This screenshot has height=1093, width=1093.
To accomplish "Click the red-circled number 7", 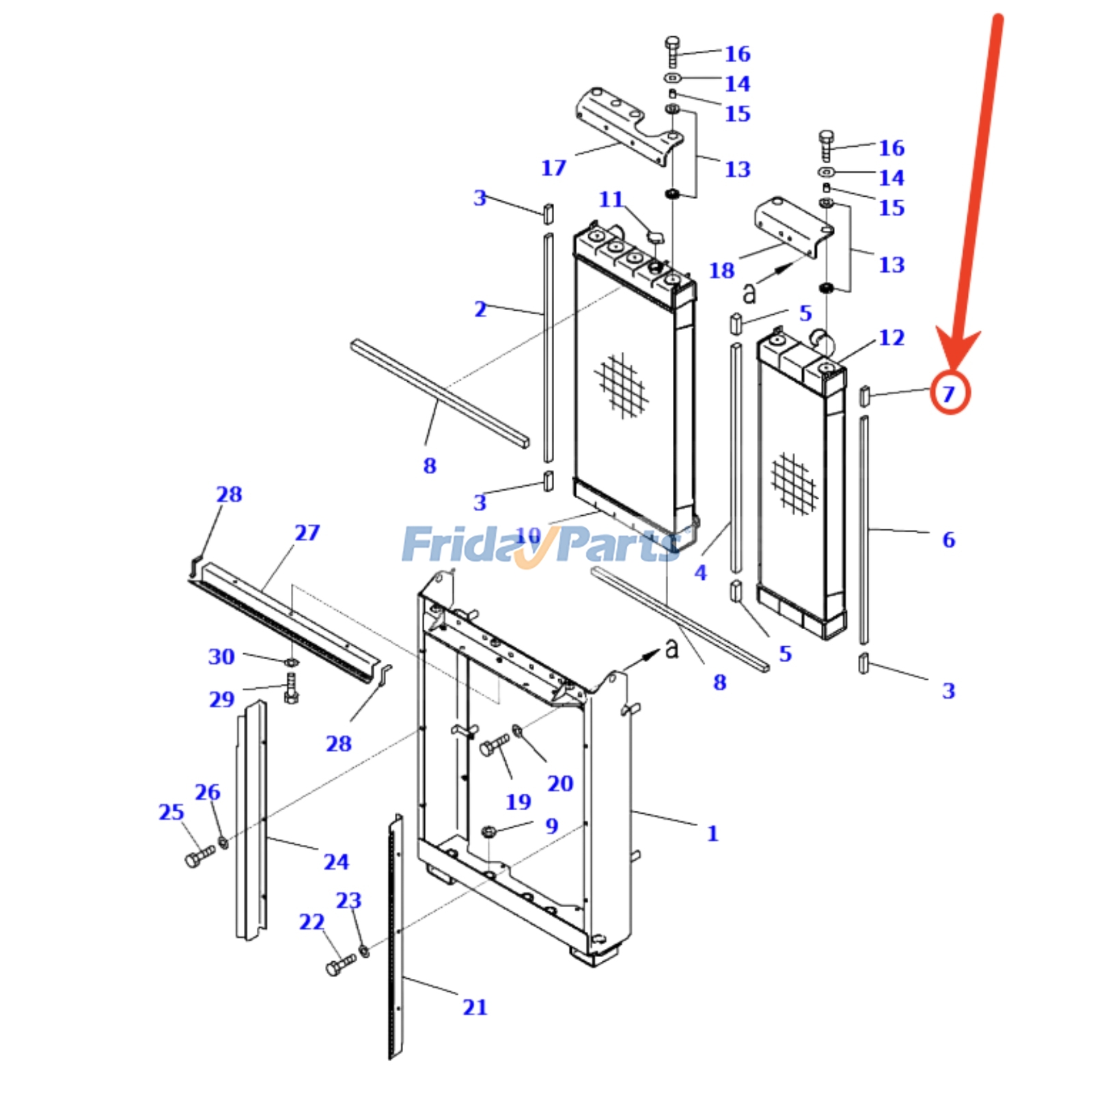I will coord(949,393).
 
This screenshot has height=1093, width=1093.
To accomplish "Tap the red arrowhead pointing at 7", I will coord(956,352).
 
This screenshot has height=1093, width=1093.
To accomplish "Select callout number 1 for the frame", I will coord(712,833).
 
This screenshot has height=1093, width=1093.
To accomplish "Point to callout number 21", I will coord(475,1007).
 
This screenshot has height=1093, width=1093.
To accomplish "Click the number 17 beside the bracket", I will coord(553,167).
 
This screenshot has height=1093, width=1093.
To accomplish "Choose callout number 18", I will coord(721,270).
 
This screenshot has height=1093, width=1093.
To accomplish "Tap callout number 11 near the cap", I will coord(611,199).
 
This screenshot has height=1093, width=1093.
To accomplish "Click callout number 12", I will coord(891,337).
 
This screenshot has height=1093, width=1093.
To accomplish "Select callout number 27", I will coord(307,532).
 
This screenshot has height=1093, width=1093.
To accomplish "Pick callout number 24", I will coord(336,861).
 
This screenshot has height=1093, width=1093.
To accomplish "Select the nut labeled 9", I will coord(488,832).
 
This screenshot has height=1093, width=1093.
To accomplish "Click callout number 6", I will coord(948,540).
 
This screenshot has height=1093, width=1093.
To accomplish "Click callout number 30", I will coord(221,656).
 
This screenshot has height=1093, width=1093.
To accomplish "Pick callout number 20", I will coord(560,783).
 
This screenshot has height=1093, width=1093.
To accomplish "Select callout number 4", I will coord(700,572).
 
